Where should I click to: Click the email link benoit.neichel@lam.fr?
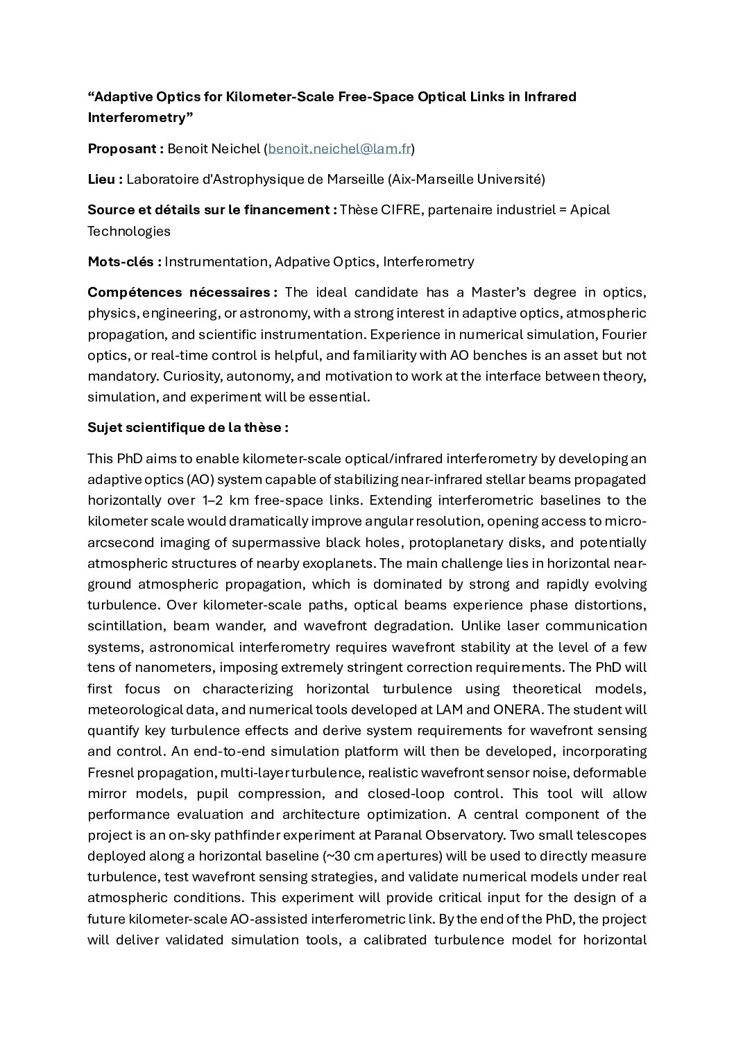[339, 149]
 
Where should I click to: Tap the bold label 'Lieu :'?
[105, 180]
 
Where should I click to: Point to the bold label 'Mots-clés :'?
[125, 262]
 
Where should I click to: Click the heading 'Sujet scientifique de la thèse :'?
[188, 427]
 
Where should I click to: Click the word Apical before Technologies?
[590, 209]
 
